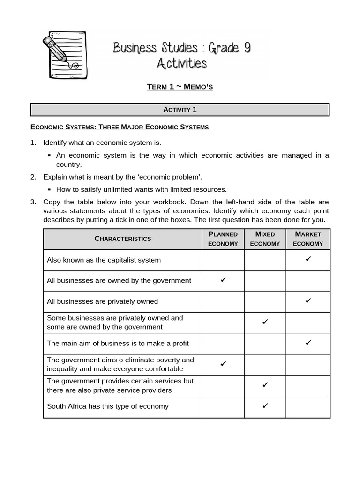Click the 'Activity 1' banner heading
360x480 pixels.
coord(180,110)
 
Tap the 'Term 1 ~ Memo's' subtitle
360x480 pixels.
coord(180,87)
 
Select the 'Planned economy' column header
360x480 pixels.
coord(223,239)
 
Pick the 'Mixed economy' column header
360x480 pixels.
coord(265,239)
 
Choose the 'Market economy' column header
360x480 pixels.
coord(308,239)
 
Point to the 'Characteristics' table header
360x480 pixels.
coord(123,239)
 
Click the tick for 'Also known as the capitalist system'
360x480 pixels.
coord(308,259)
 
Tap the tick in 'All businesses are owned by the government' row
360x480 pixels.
coord(223,280)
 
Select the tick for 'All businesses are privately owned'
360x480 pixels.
coord(308,301)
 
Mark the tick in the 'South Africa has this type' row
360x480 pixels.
coord(265,406)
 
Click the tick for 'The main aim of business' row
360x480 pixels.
coord(308,343)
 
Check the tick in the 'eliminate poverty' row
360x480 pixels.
coord(223,364)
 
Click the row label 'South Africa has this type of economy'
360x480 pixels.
coord(107,406)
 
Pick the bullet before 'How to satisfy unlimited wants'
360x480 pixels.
coord(49,190)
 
